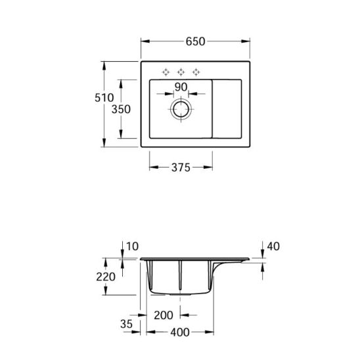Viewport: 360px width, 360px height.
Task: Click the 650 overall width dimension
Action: [x=195, y=41]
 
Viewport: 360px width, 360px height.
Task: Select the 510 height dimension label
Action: [x=104, y=98]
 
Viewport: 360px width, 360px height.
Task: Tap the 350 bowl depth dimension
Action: [x=121, y=109]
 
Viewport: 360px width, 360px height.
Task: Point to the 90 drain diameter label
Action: [x=181, y=87]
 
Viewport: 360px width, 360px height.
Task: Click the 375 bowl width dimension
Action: [x=181, y=168]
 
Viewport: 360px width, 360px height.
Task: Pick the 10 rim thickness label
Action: [x=133, y=246]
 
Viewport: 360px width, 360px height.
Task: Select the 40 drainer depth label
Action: [x=273, y=246]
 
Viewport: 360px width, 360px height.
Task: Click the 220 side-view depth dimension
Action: [x=106, y=277]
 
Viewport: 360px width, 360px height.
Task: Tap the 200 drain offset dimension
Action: [x=164, y=315]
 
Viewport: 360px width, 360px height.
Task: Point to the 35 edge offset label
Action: [x=127, y=324]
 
